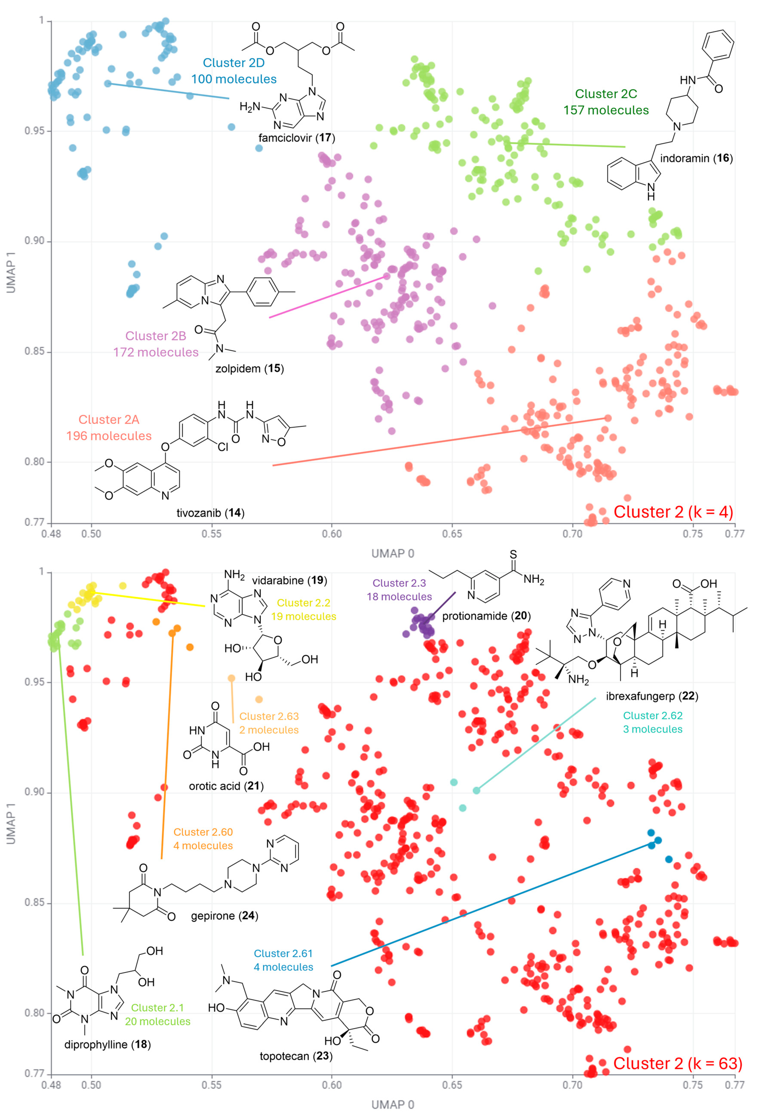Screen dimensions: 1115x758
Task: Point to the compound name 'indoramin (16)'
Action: coord(696,158)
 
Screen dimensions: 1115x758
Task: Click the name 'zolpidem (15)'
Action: coord(249,368)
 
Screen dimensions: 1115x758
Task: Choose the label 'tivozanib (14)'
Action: coord(210,513)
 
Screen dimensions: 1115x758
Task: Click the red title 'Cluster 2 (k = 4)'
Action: coord(673,512)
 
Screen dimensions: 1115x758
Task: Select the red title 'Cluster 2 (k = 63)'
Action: coord(677,1063)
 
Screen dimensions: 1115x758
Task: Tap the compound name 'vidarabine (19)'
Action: coord(290,581)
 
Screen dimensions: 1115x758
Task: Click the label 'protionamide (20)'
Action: coord(486,616)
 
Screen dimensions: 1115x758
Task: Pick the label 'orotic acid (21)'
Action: coord(226,786)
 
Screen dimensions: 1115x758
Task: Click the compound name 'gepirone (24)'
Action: coord(224,915)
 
